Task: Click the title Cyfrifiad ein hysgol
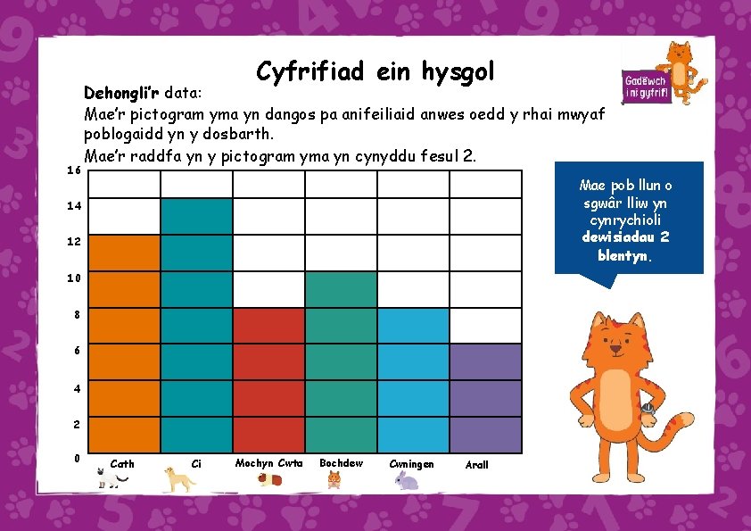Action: (x=375, y=71)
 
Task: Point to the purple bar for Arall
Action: (x=485, y=397)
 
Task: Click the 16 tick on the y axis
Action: (x=74, y=170)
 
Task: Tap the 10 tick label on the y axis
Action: (x=74, y=278)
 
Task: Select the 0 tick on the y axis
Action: (x=78, y=459)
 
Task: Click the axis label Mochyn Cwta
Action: (x=268, y=462)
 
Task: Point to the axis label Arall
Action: (x=477, y=465)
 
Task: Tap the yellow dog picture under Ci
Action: (x=180, y=480)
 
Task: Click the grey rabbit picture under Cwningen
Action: (x=407, y=482)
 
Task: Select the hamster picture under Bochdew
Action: (x=334, y=480)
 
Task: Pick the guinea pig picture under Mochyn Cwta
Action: (x=268, y=480)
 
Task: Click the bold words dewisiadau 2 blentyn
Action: (x=624, y=246)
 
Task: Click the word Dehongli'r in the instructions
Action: (x=120, y=93)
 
